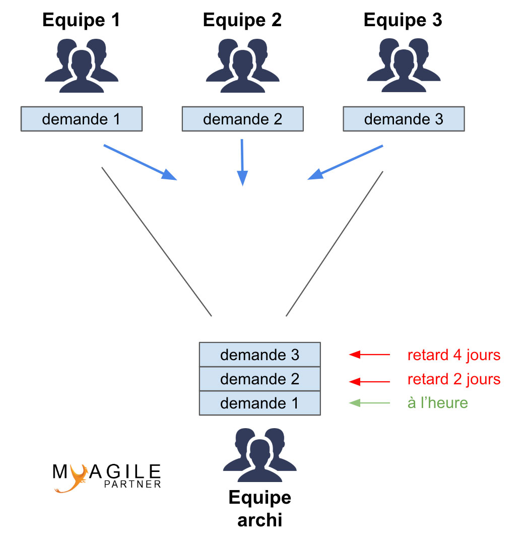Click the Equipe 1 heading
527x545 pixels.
pos(81,21)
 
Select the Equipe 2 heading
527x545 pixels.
pos(242,21)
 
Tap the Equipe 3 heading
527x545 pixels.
pos(403,21)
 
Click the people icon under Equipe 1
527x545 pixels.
pos(81,65)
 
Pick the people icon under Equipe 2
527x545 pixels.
pos(242,65)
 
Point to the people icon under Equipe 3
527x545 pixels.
pos(404,65)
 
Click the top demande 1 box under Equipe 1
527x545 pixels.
pos(82,119)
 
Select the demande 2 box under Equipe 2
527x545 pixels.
pos(243,119)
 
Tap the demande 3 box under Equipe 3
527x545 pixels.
pos(404,119)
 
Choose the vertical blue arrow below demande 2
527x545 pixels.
pos(242,162)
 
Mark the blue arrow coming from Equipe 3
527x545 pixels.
pos(346,162)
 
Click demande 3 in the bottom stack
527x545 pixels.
pos(260,355)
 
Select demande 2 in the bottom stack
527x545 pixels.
pos(260,379)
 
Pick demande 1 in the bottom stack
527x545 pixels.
pos(260,403)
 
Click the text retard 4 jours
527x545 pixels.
pos(453,355)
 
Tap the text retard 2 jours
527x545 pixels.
pos(453,379)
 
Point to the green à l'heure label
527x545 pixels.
pos(437,403)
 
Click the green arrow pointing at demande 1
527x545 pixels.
pos(369,403)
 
